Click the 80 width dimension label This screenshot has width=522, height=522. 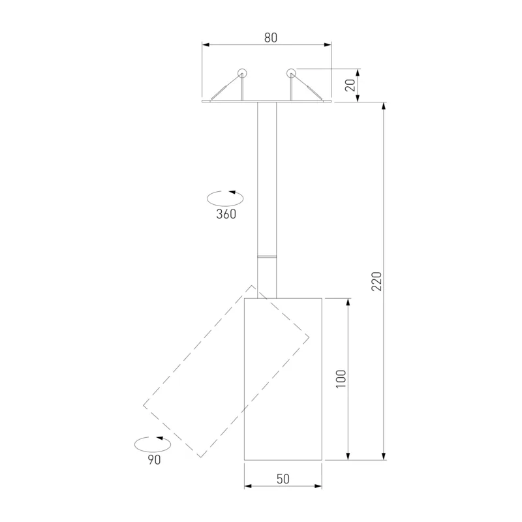coord(271,38)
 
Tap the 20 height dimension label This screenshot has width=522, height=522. coord(350,85)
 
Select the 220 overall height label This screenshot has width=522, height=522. coord(376,281)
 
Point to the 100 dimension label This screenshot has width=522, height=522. coord(341,378)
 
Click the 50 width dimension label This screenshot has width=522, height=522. coord(283,479)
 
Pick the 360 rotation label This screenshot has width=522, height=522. coord(226,214)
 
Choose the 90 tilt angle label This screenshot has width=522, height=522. coord(154,460)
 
